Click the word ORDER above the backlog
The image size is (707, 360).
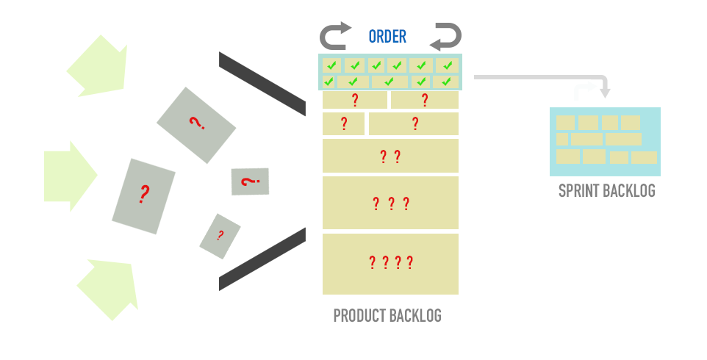(x=387, y=37)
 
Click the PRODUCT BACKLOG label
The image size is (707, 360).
(x=387, y=316)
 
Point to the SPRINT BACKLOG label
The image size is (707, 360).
(x=606, y=191)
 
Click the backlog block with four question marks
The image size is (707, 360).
(x=390, y=263)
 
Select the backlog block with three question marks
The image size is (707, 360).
(x=390, y=203)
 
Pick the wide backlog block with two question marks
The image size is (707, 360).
(x=390, y=156)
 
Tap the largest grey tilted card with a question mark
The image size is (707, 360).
(x=144, y=196)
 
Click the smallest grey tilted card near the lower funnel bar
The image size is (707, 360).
(x=220, y=236)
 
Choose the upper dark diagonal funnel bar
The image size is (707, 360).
(x=262, y=83)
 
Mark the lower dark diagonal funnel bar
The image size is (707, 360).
(x=262, y=259)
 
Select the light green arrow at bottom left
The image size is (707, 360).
(x=110, y=287)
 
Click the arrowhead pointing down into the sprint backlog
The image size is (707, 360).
(x=605, y=92)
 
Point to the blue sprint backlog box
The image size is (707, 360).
(x=605, y=142)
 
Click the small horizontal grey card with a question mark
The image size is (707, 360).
(x=250, y=181)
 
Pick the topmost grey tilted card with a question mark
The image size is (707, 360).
(x=196, y=125)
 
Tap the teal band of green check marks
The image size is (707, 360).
(x=390, y=73)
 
